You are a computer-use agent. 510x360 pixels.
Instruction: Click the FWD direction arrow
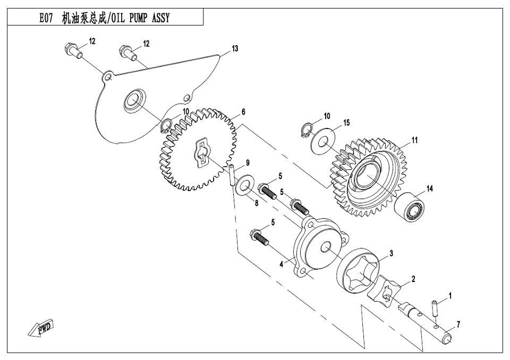coord(41,327)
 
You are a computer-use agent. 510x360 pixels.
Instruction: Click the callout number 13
coord(235,48)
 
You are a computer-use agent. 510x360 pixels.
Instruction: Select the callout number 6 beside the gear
coord(243,112)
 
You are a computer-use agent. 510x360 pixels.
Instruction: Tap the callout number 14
coord(430,188)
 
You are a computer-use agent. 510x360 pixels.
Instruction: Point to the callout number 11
coord(414,141)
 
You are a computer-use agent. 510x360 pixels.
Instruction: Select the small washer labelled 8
coord(243,185)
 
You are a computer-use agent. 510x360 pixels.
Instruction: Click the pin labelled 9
coord(232,176)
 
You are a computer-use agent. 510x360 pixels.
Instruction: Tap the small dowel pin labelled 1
coord(435,308)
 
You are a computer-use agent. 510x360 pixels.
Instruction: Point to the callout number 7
coord(458,324)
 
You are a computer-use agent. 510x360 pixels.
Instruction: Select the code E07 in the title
coord(46,18)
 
